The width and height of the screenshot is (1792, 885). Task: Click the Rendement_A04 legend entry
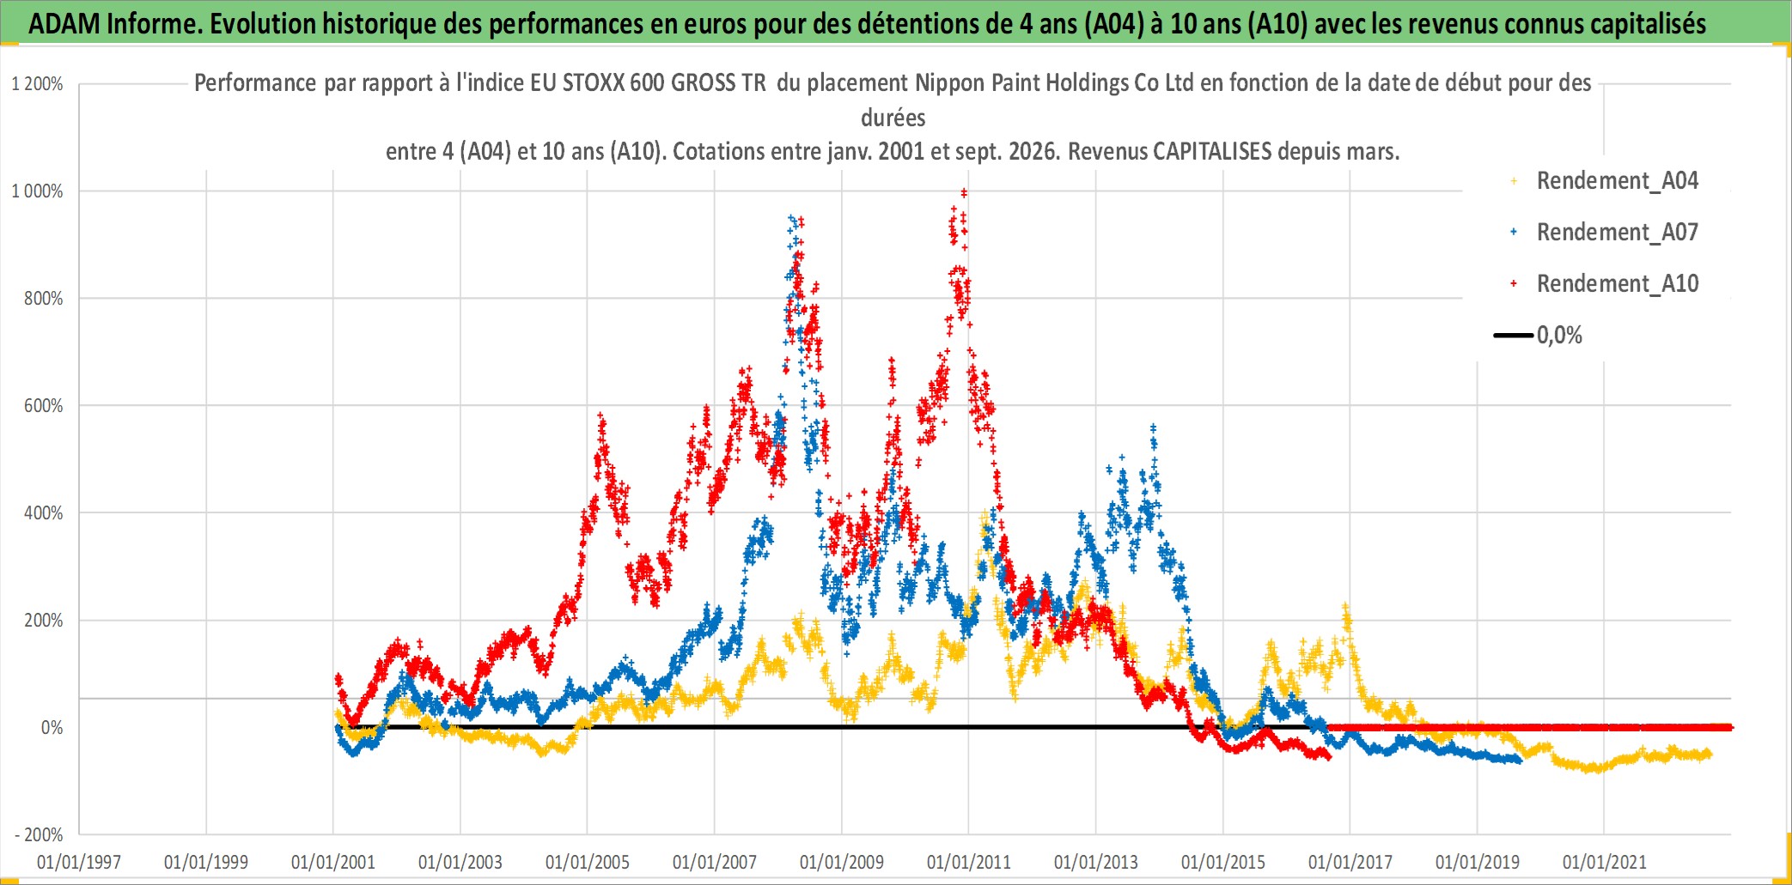point(1605,181)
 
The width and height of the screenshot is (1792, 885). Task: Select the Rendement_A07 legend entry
point(1605,233)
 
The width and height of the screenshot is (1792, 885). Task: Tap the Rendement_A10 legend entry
point(1605,284)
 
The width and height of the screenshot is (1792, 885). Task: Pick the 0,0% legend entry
point(1539,336)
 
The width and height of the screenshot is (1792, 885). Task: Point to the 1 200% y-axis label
point(37,84)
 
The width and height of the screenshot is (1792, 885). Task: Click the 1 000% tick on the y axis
point(37,191)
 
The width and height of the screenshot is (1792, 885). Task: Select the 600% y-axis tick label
point(44,406)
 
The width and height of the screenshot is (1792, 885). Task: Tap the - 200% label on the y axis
point(39,835)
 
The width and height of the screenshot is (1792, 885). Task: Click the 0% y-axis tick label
point(52,728)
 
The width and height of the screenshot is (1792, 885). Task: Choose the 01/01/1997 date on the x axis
point(79,863)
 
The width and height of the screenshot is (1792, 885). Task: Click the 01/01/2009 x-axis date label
point(842,863)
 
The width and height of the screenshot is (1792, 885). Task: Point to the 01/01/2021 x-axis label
point(1605,863)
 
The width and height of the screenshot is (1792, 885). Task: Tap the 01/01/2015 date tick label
point(1223,863)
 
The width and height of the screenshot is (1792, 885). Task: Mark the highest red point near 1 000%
point(964,192)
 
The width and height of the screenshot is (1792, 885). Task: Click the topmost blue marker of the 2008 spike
point(791,218)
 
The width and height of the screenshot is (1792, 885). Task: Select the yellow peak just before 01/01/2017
point(1345,606)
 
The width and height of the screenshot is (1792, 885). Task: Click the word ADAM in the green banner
point(64,24)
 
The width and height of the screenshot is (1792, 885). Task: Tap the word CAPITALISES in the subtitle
point(1212,152)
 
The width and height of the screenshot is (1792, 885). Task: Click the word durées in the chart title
point(893,118)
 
